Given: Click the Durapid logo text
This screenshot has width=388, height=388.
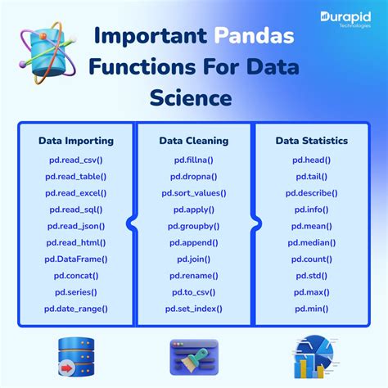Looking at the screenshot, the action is pyautogui.click(x=345, y=18).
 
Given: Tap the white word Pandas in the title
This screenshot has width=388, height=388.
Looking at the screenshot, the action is pyautogui.click(x=254, y=36).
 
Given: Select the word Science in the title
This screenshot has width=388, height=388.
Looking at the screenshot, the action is pyautogui.click(x=191, y=97).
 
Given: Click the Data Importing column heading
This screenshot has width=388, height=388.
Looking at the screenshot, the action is pyautogui.click(x=76, y=141).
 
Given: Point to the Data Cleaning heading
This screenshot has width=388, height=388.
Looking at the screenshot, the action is pyautogui.click(x=194, y=141).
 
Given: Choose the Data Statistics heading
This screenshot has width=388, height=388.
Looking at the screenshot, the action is pyautogui.click(x=312, y=141).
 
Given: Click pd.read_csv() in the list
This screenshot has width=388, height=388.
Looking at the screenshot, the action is pyautogui.click(x=76, y=160).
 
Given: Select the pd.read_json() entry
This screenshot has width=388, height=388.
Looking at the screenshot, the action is pyautogui.click(x=76, y=226).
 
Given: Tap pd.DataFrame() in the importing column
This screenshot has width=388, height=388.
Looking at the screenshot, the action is pyautogui.click(x=76, y=259).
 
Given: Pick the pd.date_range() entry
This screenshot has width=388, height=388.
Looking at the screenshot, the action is pyautogui.click(x=76, y=309).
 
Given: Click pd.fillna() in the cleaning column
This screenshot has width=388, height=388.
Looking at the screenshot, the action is pyautogui.click(x=194, y=160).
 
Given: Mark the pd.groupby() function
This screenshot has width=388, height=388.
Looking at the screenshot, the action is pyautogui.click(x=194, y=226).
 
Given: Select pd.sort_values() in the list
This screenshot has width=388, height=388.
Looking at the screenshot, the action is pyautogui.click(x=194, y=193).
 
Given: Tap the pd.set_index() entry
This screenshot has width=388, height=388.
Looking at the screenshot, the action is pyautogui.click(x=194, y=309).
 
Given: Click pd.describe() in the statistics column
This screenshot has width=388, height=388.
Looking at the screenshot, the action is pyautogui.click(x=312, y=193).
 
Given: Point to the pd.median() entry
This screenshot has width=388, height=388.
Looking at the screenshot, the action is pyautogui.click(x=312, y=243).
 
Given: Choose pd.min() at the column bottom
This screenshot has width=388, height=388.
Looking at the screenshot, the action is pyautogui.click(x=312, y=309).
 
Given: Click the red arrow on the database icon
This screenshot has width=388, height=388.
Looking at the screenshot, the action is pyautogui.click(x=66, y=368).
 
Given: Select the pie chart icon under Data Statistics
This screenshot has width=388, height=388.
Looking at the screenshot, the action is pyautogui.click(x=314, y=357).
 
